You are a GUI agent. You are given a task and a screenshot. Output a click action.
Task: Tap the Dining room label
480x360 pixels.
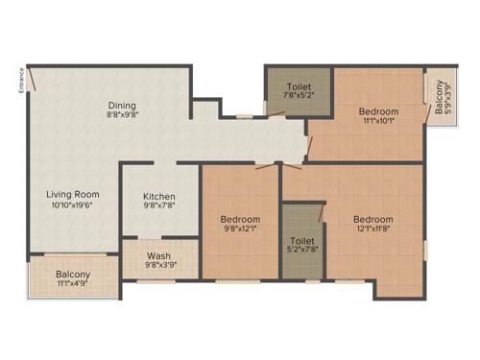click(122, 105)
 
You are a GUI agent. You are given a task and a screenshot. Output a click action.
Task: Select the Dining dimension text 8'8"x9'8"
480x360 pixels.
click(122, 115)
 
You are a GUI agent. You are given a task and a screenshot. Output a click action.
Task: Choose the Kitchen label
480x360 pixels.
click(159, 194)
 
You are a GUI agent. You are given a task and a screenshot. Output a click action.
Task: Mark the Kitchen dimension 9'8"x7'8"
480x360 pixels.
click(159, 204)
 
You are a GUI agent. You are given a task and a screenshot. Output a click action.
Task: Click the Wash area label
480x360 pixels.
click(158, 255)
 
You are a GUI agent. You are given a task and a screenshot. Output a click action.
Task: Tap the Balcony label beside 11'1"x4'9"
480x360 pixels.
click(73, 275)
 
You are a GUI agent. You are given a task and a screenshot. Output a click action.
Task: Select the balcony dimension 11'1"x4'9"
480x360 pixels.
click(73, 285)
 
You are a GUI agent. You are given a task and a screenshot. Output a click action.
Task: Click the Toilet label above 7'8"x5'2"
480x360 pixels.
click(298, 84)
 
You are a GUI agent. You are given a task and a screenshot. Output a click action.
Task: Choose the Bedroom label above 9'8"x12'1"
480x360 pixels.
click(240, 218)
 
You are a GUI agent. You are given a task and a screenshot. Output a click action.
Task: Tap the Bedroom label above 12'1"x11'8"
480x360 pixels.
click(372, 218)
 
